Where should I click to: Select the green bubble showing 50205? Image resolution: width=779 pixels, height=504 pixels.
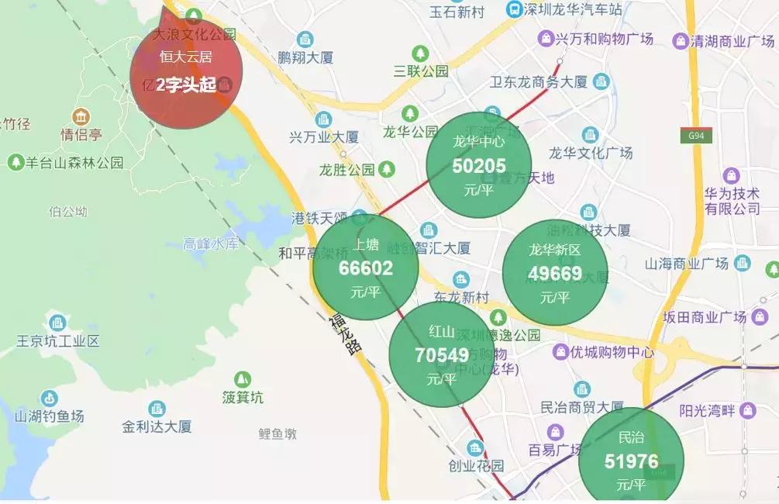coord(479,165)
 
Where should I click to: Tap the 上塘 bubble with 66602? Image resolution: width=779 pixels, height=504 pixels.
coord(366,268)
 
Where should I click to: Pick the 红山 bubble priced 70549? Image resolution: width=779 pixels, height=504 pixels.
coord(441,354)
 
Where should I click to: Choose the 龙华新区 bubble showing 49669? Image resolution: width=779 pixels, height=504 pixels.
coord(554,272)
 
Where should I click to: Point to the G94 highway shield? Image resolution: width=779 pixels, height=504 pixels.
coord(695,136)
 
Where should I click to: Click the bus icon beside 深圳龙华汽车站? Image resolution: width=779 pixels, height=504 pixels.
coord(513,9)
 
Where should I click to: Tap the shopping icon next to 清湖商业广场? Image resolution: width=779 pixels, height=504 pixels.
coord(681,41)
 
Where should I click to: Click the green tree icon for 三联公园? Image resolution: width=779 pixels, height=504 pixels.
coord(420,54)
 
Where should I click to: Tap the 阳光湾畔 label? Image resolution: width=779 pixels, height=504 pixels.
coord(706,410)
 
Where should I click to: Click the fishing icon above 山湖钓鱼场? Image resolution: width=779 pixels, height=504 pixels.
coord(49,399)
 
